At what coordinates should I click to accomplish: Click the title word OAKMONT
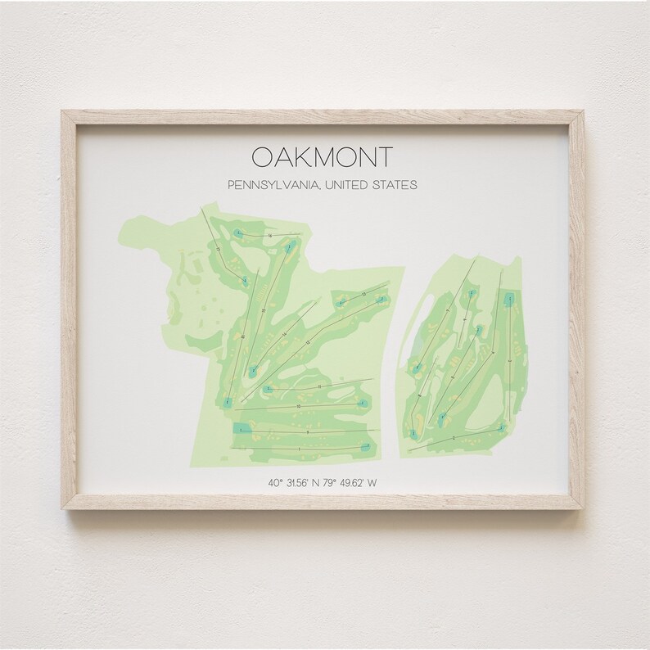tap(323, 156)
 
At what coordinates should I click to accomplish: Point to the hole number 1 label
tap(300, 449)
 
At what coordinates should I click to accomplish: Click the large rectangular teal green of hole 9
tap(242, 427)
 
